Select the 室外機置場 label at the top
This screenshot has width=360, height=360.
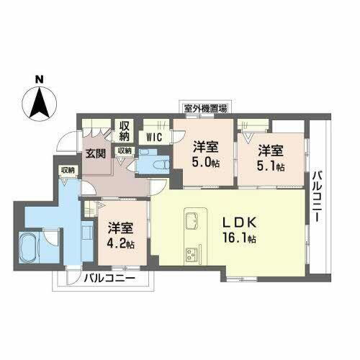[205, 109]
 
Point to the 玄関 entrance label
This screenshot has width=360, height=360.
[96, 153]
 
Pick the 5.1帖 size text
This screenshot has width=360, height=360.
[271, 166]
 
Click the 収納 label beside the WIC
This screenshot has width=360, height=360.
[125, 131]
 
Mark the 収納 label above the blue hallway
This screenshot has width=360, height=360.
[68, 170]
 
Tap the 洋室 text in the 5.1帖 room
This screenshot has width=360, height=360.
[271, 151]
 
